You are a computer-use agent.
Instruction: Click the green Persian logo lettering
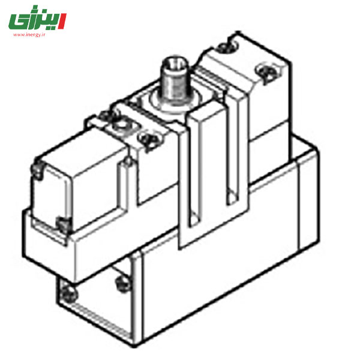click(x=32, y=20)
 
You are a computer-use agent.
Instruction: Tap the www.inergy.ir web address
click(x=29, y=35)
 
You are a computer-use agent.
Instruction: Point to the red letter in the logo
click(x=62, y=21)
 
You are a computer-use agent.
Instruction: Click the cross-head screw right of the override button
click(x=149, y=140)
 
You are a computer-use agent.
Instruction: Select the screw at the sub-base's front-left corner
click(x=69, y=294)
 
